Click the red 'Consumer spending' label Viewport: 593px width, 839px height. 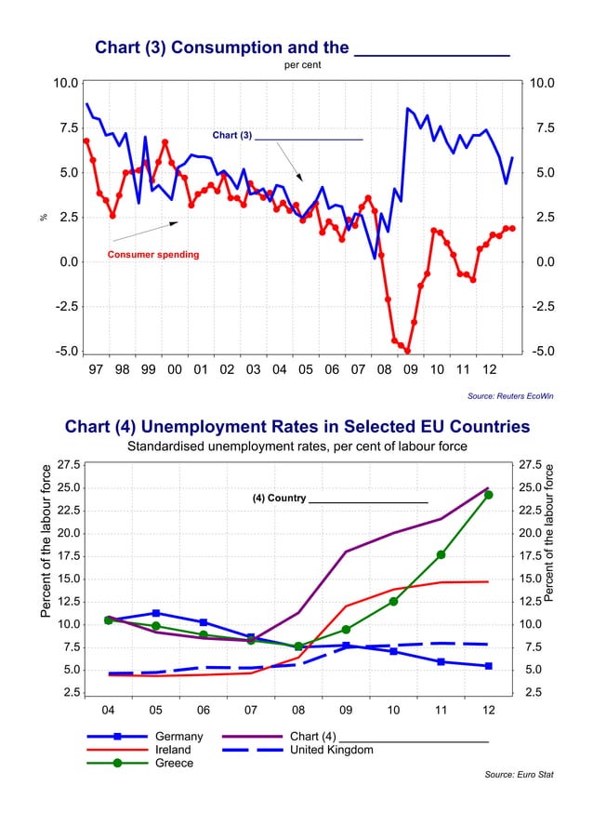[153, 254]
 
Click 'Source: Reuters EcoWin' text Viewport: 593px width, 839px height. [510, 396]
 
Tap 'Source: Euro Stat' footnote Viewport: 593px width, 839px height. [519, 774]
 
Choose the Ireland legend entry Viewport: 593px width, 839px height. [174, 750]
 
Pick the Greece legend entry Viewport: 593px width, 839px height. [175, 763]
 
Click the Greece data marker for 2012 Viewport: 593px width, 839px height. [488, 495]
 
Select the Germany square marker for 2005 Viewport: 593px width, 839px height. [156, 613]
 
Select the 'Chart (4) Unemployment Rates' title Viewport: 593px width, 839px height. [296, 427]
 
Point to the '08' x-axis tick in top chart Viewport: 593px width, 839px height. [384, 370]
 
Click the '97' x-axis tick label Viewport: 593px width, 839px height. [96, 370]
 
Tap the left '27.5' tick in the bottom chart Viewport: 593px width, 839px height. [67, 464]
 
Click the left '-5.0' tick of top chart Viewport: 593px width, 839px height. [65, 352]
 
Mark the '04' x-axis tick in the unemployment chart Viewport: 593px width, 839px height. [108, 711]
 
